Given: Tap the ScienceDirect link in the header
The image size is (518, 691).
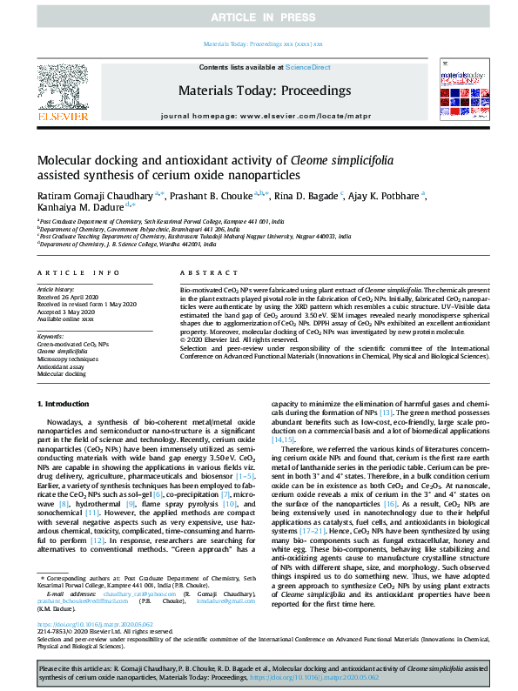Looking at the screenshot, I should click(x=310, y=66).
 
